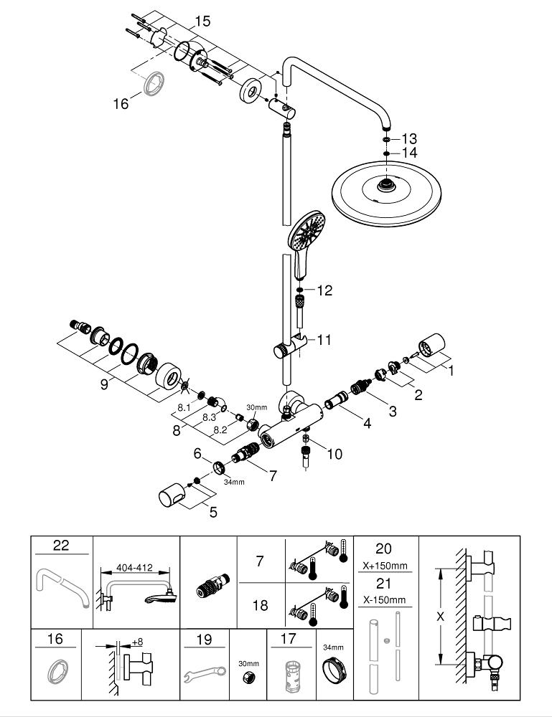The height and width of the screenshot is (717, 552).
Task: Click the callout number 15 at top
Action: (x=202, y=22)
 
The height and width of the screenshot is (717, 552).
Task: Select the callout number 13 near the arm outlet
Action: (x=408, y=138)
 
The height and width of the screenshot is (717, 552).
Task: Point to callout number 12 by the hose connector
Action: (x=325, y=290)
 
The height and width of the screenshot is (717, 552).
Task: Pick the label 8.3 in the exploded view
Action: (x=209, y=417)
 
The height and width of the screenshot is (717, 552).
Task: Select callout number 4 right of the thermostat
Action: (x=367, y=424)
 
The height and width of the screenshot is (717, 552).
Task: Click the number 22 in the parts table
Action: (x=61, y=546)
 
